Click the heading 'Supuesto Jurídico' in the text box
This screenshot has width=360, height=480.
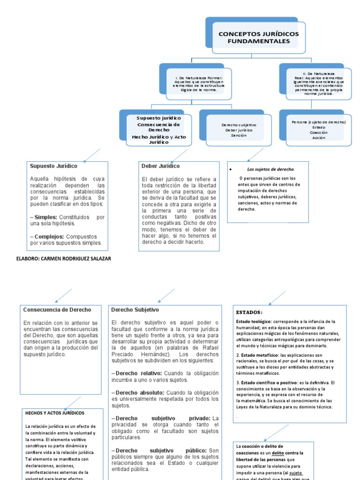point(54,166)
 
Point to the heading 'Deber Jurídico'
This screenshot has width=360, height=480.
point(160,166)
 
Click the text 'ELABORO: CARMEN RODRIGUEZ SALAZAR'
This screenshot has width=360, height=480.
point(64,259)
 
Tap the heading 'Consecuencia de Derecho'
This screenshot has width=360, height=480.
point(57,310)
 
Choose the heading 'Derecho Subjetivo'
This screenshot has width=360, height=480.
point(135,310)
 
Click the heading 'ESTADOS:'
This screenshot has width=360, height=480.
point(250,312)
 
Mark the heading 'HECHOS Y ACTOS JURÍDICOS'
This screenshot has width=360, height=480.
point(55,413)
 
